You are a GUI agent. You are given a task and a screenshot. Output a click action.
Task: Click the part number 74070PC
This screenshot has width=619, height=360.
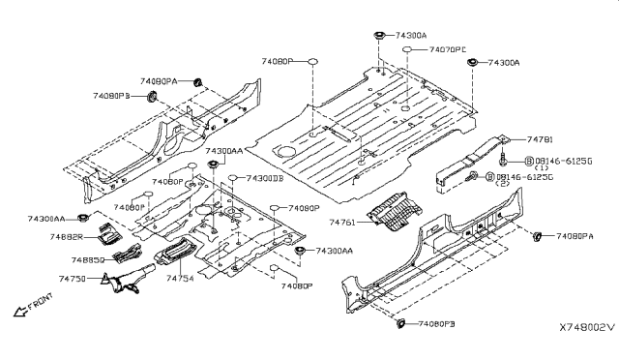click(x=448, y=48)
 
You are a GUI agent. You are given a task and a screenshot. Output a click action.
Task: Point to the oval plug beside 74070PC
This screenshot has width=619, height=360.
click(x=410, y=48)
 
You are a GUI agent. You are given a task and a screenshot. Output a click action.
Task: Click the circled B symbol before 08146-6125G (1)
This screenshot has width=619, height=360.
click(x=530, y=160)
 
